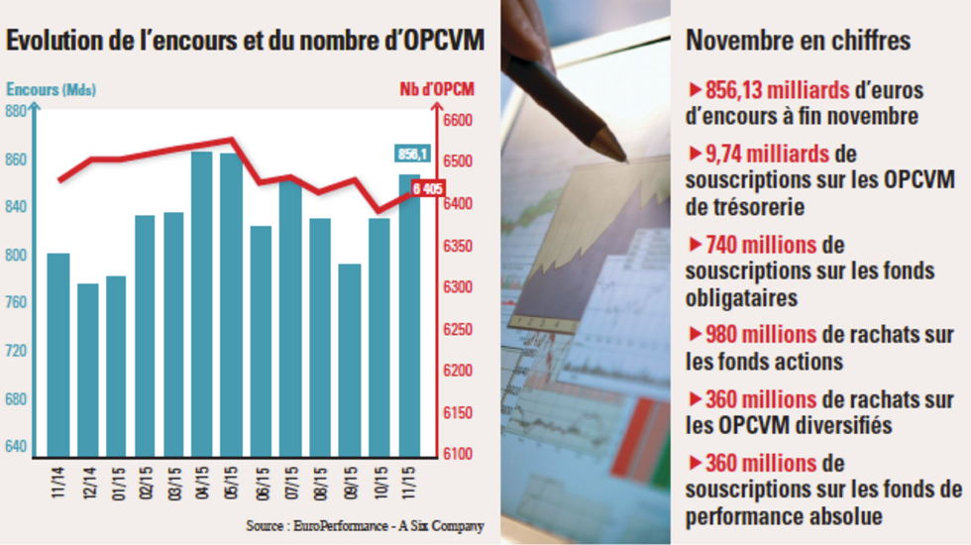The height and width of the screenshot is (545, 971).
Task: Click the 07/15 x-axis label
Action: pos(291,482)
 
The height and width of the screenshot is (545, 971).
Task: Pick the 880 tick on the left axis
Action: pos(17,112)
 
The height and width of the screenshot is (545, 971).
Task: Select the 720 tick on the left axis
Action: pos(17,352)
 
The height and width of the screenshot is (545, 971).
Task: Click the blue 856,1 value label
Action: pos(412,154)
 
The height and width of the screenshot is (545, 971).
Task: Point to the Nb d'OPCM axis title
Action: pos(437,89)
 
